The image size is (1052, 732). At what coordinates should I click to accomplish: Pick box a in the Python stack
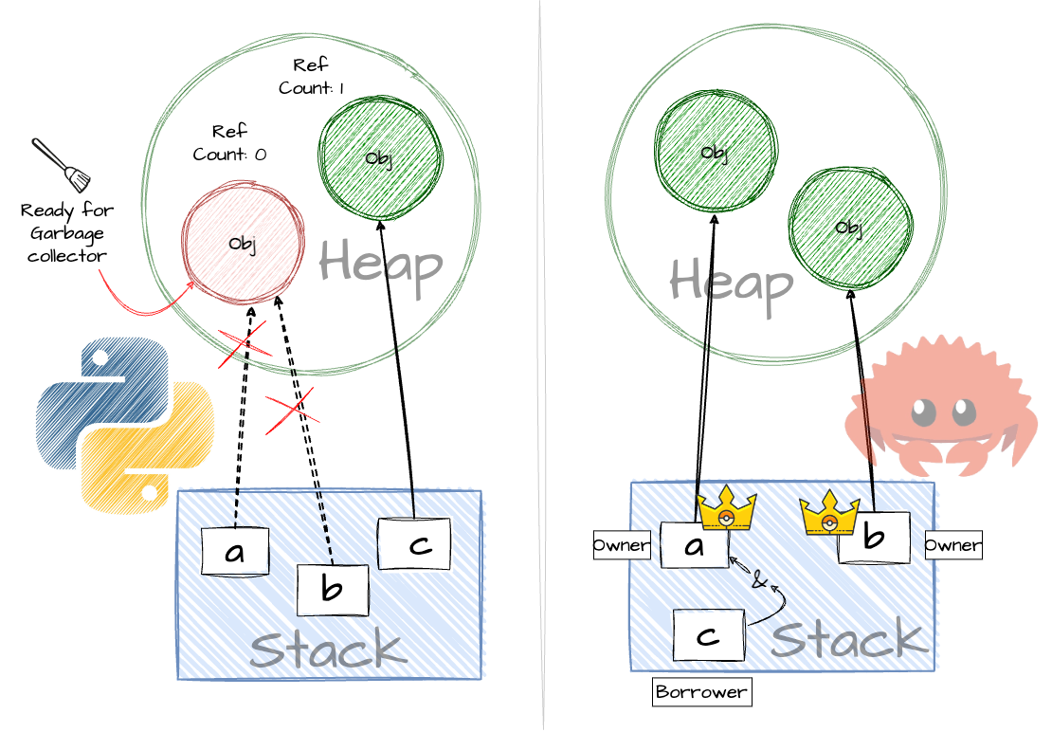(235, 552)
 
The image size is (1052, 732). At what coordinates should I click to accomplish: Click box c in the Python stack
(413, 543)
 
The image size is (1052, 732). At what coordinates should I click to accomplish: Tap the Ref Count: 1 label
(311, 77)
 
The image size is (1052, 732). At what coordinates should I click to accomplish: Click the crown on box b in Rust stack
(829, 515)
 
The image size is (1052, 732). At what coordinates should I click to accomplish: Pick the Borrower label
(701, 692)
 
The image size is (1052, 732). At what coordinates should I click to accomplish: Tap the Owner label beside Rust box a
(622, 545)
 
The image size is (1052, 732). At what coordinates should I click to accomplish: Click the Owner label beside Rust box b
(952, 545)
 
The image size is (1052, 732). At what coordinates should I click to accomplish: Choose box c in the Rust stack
(708, 634)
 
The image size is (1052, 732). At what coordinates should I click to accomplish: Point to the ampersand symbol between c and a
(758, 580)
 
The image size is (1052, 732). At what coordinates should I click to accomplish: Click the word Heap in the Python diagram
(381, 263)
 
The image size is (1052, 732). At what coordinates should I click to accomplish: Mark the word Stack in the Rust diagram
(848, 641)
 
